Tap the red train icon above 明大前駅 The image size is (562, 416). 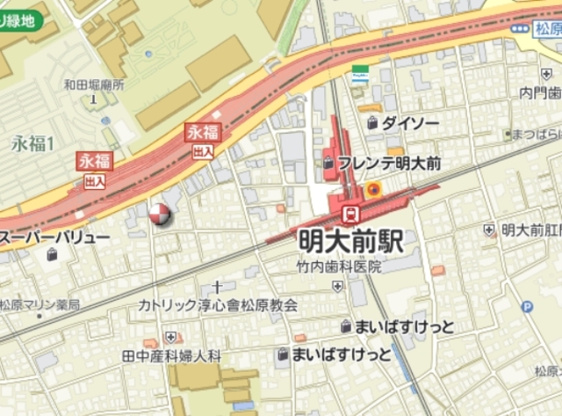tap(349, 212)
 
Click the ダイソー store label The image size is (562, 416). tap(410, 124)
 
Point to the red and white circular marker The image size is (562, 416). tap(159, 214)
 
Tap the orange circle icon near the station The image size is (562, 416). tap(374, 188)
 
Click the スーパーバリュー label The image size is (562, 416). tap(55, 238)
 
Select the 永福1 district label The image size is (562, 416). tap(33, 142)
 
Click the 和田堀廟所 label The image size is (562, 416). tap(94, 85)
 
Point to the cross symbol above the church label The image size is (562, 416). tap(217, 286)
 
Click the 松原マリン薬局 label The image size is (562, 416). tap(40, 304)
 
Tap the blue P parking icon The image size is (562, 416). tap(527, 307)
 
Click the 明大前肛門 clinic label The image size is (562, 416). tap(531, 230)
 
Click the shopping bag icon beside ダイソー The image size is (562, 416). tap(372, 124)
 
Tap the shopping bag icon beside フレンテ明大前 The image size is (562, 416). tap(328, 163)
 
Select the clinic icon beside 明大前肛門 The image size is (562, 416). tap(489, 230)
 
